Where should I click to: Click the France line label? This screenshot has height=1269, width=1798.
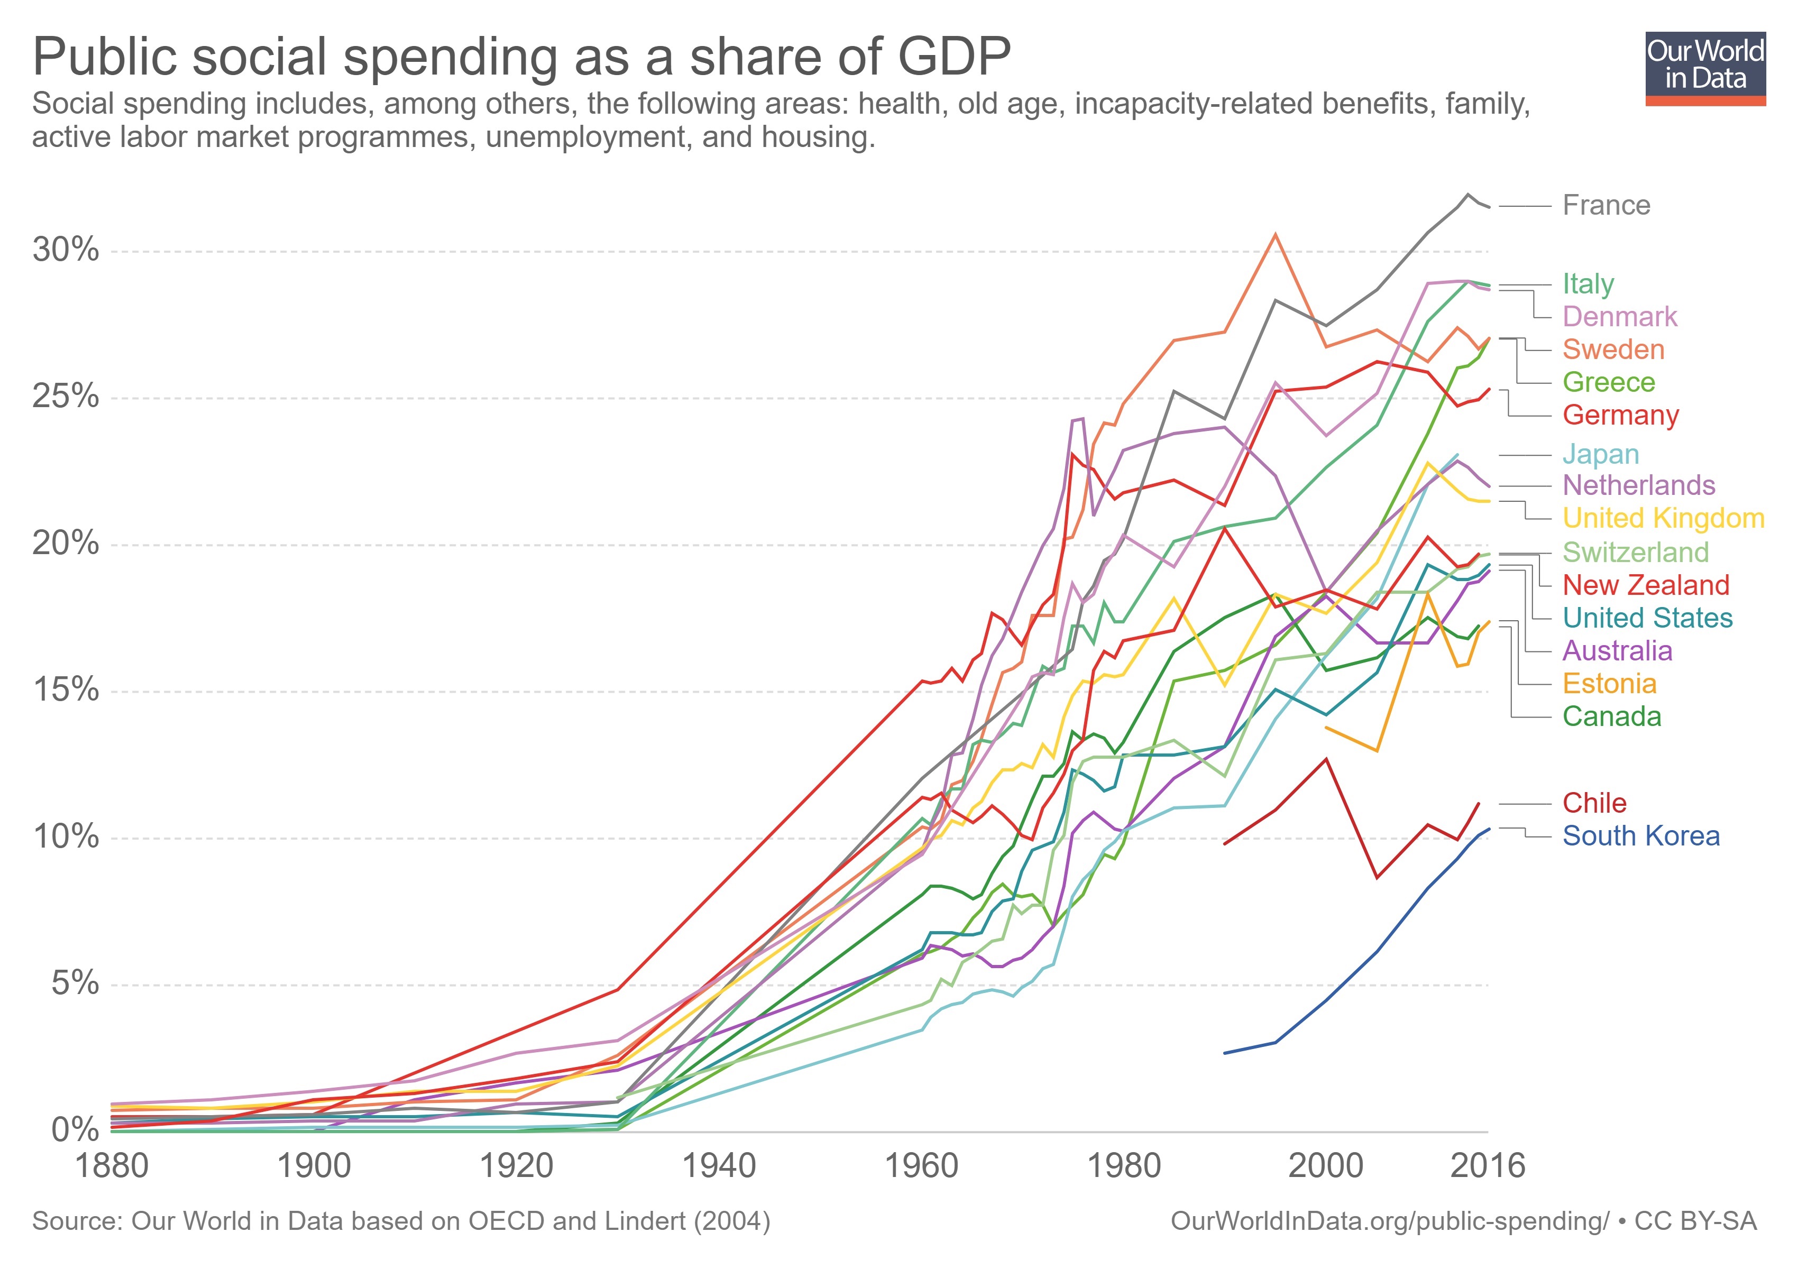pos(1606,205)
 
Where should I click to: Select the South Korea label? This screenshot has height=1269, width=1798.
pos(1640,836)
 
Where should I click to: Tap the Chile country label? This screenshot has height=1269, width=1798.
pos(1594,803)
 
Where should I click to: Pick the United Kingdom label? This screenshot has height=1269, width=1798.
pos(1663,518)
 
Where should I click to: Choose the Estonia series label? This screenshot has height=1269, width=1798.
pos(1609,684)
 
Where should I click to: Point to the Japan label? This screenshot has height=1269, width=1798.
pos(1601,454)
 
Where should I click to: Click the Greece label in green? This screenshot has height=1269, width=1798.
pos(1609,382)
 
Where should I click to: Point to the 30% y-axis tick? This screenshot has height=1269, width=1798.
pos(66,251)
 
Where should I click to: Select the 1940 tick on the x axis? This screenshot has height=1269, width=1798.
pos(719,1166)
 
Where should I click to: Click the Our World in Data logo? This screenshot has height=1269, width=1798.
pos(1705,68)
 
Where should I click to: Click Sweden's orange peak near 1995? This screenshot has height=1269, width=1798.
pos(1275,234)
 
